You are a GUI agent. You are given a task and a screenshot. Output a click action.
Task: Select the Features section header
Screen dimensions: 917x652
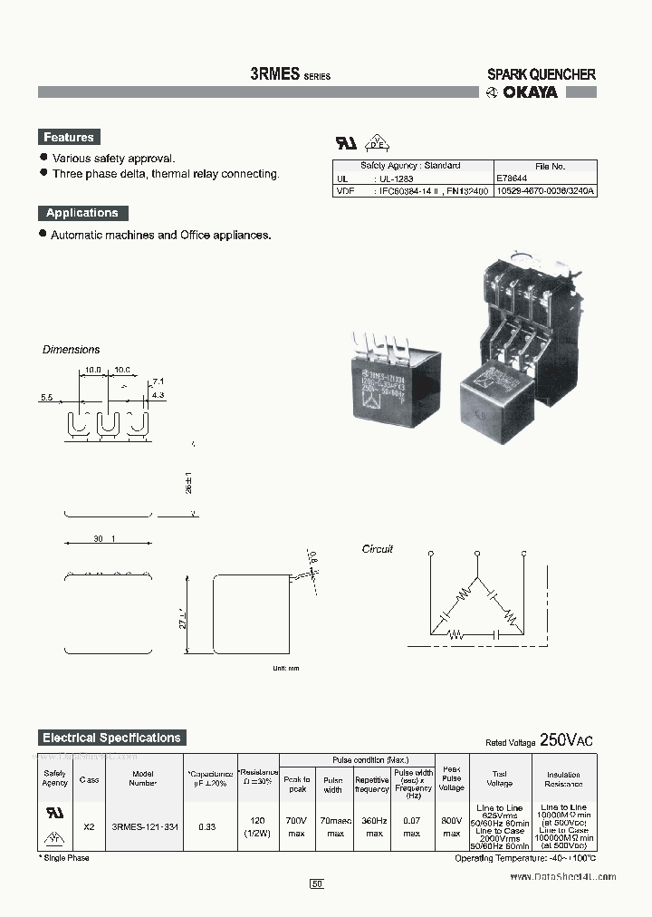point(69,138)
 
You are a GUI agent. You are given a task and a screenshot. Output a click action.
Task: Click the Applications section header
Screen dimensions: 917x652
point(82,213)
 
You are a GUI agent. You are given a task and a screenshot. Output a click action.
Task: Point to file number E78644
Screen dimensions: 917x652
point(513,179)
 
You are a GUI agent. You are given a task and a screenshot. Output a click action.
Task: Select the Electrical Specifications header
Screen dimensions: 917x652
point(112,738)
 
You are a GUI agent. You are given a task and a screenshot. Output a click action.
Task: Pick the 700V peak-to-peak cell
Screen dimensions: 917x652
point(297,826)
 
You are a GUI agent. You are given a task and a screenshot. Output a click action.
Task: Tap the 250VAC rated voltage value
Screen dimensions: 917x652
point(567,740)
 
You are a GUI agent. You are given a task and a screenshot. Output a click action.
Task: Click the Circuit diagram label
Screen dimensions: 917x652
point(378,549)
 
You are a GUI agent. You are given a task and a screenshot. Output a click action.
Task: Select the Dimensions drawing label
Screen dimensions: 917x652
point(72,350)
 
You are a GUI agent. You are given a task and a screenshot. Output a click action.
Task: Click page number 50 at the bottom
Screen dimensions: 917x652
point(317,883)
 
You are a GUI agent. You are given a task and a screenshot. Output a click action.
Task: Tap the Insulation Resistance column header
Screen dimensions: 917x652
point(563,779)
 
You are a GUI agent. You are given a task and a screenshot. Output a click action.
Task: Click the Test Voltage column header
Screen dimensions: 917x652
point(500,779)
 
